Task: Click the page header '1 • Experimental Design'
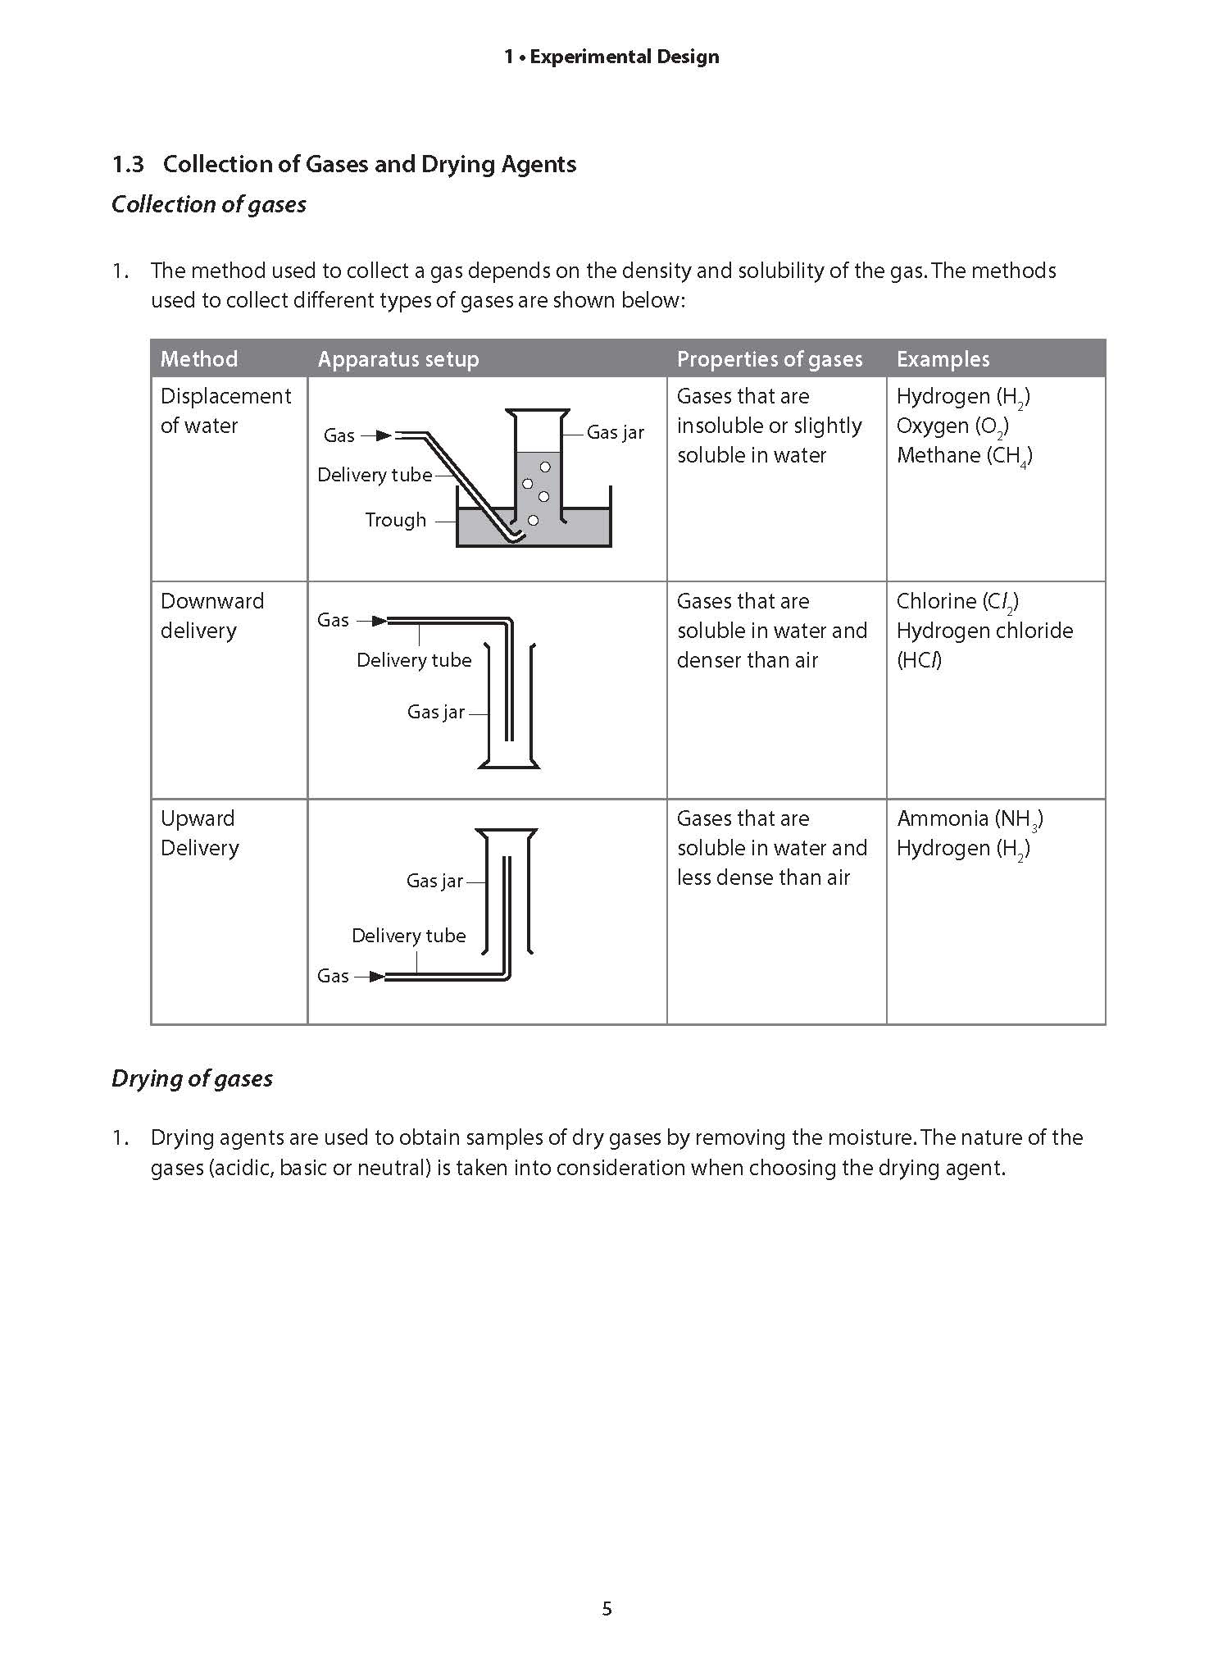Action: pyautogui.click(x=611, y=57)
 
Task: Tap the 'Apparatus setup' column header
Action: pyautogui.click(x=398, y=359)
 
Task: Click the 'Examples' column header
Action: pyautogui.click(x=943, y=359)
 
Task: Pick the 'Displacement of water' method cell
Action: pyautogui.click(x=225, y=411)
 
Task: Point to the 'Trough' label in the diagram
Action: pyautogui.click(x=395, y=520)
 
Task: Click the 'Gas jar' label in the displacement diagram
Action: pyautogui.click(x=615, y=432)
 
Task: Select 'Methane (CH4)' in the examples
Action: pyautogui.click(x=964, y=456)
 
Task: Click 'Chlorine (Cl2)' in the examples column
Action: pyautogui.click(x=957, y=602)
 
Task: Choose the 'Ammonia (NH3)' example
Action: pyautogui.click(x=969, y=818)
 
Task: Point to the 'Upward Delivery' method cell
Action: pyautogui.click(x=199, y=833)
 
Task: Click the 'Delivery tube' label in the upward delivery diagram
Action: pyautogui.click(x=408, y=936)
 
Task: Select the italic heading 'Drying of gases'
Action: pyautogui.click(x=192, y=1078)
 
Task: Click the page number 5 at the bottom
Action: pyautogui.click(x=607, y=1609)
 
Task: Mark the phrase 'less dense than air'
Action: pyautogui.click(x=763, y=877)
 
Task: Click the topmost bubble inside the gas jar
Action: pyautogui.click(x=545, y=467)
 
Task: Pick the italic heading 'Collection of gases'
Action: pyautogui.click(x=208, y=204)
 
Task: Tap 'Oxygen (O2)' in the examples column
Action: pyautogui.click(x=952, y=426)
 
